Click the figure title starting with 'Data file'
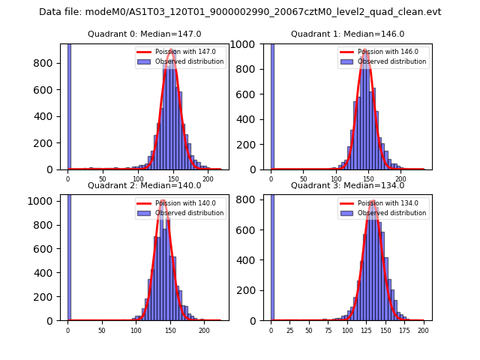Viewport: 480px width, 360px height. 240,12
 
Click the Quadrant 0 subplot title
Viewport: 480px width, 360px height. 144,34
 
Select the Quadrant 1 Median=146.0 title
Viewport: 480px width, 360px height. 347,34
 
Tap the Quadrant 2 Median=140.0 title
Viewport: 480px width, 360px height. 144,185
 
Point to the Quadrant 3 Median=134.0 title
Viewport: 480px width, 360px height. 347,185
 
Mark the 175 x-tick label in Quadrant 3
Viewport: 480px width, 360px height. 405,330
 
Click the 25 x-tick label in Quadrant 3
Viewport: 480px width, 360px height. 290,330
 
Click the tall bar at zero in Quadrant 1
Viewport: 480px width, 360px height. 271,105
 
